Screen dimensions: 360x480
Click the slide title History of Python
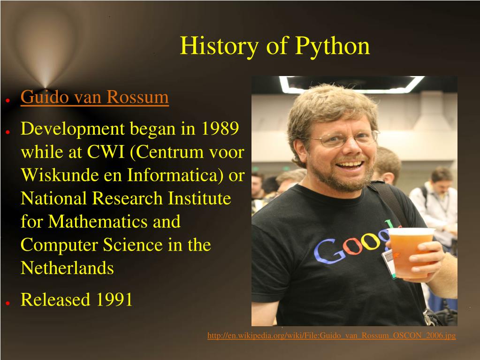[x=274, y=46]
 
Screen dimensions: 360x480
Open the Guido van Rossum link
[x=94, y=97]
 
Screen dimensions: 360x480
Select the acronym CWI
[x=105, y=152]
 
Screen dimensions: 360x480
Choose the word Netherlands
[x=67, y=268]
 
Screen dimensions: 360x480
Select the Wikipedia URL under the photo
[x=331, y=336]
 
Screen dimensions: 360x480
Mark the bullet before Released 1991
[x=8, y=303]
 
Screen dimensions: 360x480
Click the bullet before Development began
[x=8, y=132]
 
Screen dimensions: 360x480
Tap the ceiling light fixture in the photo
[x=351, y=85]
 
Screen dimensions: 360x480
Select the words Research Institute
[x=162, y=198]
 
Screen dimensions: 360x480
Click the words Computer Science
[x=89, y=245]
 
